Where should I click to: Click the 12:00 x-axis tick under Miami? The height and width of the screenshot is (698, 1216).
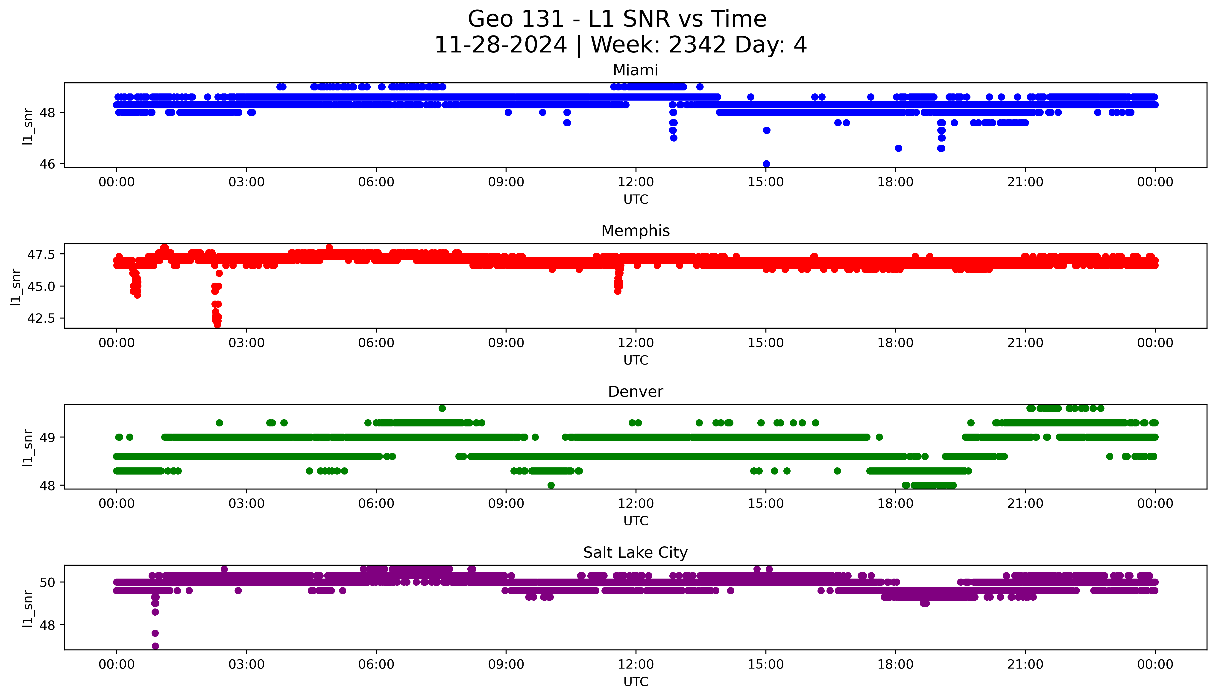click(x=636, y=182)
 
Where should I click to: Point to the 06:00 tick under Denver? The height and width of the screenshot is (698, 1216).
click(x=376, y=504)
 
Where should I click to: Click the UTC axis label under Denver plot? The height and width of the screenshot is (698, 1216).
click(x=636, y=521)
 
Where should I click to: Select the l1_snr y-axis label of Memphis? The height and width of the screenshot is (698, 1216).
click(x=16, y=287)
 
